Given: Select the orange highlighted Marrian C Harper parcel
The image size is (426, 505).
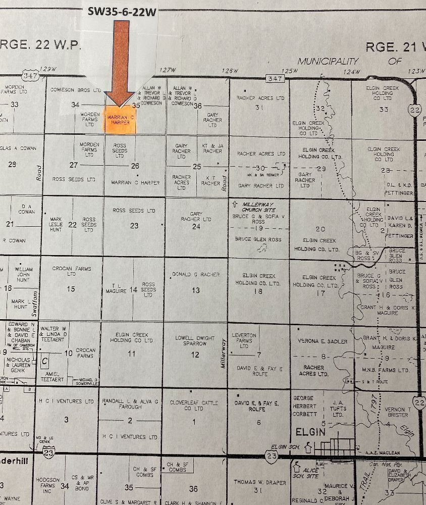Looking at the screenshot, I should click(x=120, y=120).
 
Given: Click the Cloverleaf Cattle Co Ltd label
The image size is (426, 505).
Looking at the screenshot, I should click(x=194, y=406).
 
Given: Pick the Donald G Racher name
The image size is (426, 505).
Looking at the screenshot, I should click(x=196, y=275).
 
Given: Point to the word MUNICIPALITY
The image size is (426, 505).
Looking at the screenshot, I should click(x=328, y=61).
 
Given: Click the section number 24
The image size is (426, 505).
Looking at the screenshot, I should click(x=196, y=226).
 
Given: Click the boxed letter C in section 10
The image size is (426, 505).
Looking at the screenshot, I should click(x=45, y=362).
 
